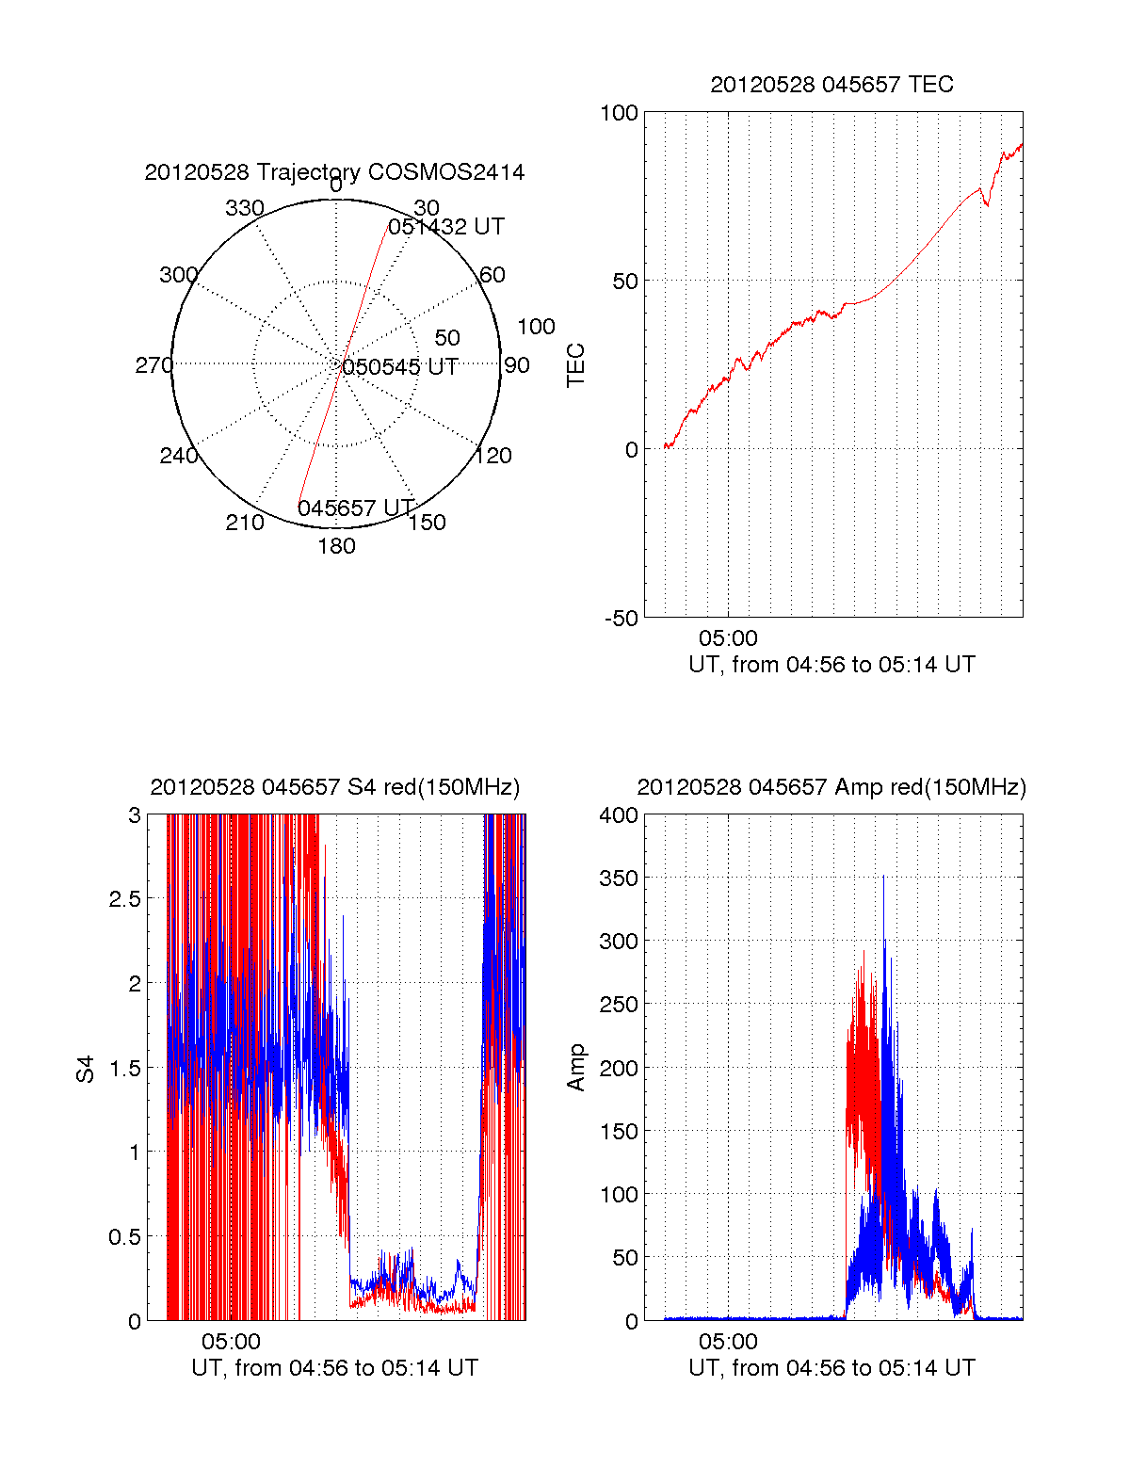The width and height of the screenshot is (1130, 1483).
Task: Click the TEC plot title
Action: click(831, 85)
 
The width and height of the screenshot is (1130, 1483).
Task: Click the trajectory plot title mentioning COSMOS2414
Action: click(334, 172)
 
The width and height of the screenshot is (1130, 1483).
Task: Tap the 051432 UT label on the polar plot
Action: click(446, 227)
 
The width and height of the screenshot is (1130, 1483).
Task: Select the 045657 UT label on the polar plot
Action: click(356, 508)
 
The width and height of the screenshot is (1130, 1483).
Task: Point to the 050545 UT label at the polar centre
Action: click(400, 367)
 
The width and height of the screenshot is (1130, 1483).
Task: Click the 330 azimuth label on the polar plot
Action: click(245, 208)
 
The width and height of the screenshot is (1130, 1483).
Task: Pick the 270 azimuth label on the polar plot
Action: click(153, 365)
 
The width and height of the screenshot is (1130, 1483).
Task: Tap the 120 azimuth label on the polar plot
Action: click(493, 456)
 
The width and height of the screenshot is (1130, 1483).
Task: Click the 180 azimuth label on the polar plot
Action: click(336, 546)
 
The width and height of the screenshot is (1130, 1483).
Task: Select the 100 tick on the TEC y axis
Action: click(619, 113)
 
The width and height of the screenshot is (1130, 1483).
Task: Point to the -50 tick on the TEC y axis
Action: click(621, 619)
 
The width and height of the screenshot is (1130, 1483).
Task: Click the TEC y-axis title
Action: click(575, 365)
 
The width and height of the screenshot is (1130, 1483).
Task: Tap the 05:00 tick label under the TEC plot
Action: click(728, 638)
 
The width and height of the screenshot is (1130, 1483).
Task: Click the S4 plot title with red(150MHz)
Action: click(334, 787)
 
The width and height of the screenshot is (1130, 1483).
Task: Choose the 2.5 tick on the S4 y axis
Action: click(124, 899)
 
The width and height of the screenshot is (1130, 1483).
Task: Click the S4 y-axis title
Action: click(86, 1069)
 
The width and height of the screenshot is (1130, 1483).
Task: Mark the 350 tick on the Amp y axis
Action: click(618, 879)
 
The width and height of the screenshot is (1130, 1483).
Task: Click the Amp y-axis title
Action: click(575, 1068)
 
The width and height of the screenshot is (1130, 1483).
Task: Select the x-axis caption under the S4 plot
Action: click(334, 1368)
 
